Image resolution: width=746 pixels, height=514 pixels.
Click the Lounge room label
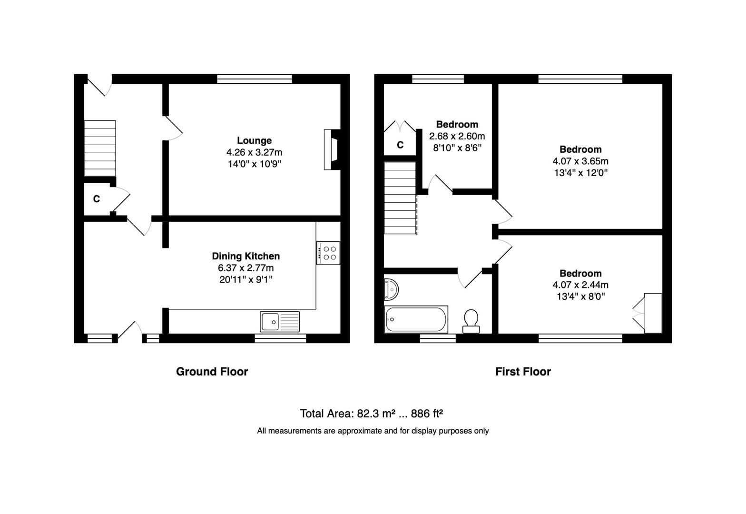[254, 140]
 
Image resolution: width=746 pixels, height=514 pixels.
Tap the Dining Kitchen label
[246, 256]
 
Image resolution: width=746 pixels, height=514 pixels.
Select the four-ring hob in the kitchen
[328, 253]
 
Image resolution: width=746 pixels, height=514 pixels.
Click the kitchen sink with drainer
[280, 322]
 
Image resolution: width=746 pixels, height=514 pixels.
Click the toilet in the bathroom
[471, 321]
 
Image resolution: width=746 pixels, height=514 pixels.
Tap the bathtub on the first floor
[416, 319]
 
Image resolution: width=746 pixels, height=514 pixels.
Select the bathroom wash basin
[391, 289]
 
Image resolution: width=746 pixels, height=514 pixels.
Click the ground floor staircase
[100, 148]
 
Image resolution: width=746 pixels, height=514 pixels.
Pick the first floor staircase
[400, 198]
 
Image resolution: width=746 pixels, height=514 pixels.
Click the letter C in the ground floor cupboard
[97, 199]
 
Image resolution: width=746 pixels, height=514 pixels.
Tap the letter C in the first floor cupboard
[400, 145]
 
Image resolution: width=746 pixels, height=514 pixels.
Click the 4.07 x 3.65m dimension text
[580, 161]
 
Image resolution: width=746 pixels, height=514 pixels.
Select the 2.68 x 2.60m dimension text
[457, 136]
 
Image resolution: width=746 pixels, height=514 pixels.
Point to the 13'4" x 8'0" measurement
[580, 296]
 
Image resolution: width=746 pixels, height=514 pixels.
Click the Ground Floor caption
[212, 371]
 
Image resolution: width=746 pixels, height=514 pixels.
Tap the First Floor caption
[523, 371]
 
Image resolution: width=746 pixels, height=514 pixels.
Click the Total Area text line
[371, 414]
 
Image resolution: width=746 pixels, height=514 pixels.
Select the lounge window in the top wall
[255, 79]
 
